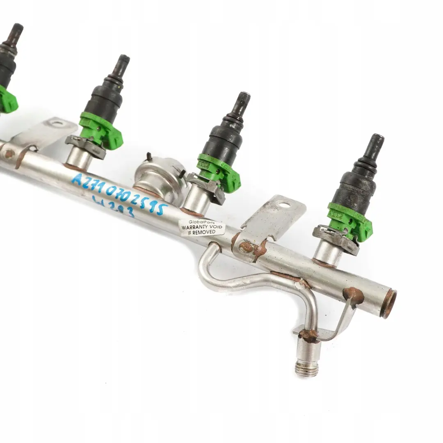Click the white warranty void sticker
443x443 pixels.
pyautogui.click(x=202, y=227)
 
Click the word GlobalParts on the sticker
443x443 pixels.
pyautogui.click(x=202, y=222)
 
